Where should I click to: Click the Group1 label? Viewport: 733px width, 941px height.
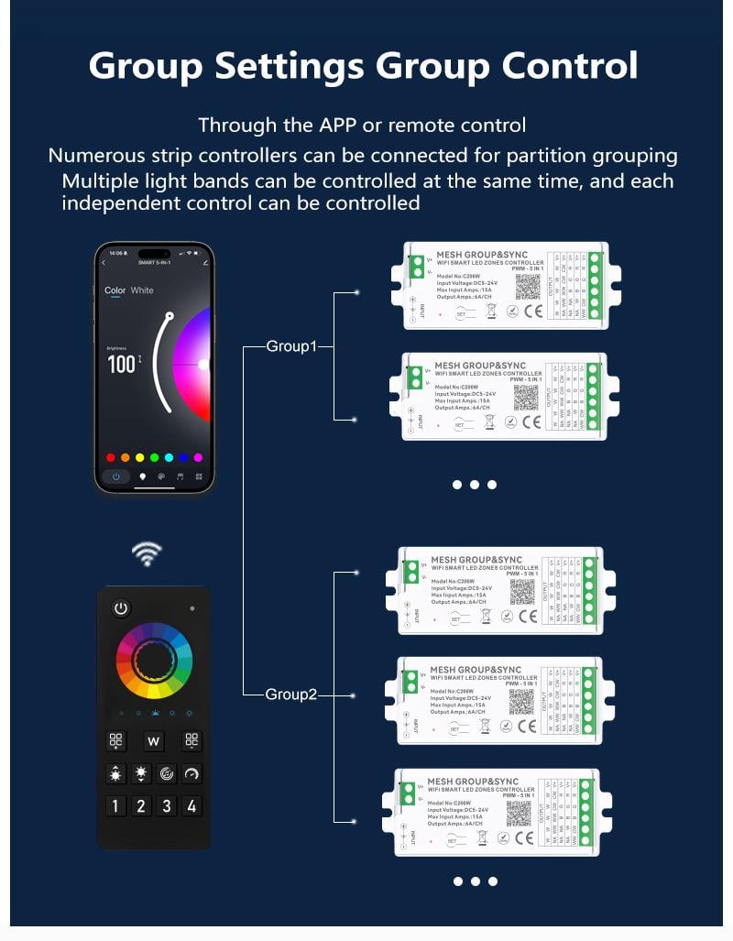click(290, 346)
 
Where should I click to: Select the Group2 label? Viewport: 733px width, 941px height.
click(290, 695)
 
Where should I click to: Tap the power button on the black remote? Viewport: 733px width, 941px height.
click(121, 608)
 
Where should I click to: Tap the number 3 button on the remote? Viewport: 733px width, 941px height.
click(166, 806)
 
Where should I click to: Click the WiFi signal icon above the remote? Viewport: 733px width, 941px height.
click(147, 553)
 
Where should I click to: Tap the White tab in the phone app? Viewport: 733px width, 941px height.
click(142, 290)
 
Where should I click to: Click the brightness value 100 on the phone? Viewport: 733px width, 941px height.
click(122, 363)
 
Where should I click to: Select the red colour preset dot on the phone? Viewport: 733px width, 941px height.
click(111, 457)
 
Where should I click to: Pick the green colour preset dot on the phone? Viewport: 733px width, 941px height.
click(154, 457)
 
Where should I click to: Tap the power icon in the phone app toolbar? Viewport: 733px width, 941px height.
click(115, 476)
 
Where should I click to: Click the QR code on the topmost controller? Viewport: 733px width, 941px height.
click(529, 287)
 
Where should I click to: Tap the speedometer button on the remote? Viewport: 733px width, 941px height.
click(191, 774)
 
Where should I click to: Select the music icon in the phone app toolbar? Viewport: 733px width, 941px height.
click(180, 476)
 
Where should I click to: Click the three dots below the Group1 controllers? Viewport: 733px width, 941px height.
click(475, 485)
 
